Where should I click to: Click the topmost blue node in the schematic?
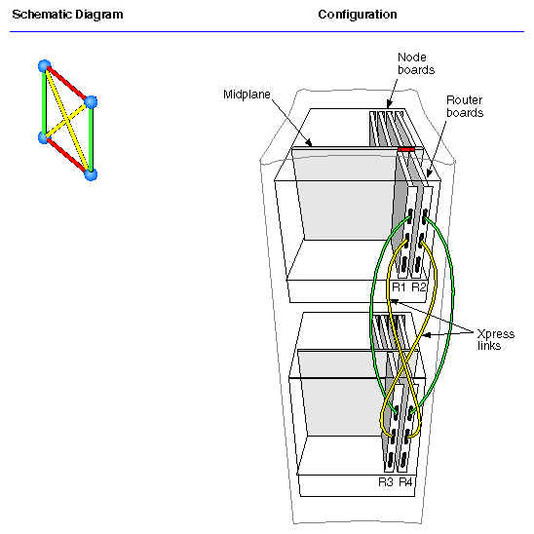pyautogui.click(x=44, y=66)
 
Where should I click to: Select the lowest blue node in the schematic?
pyautogui.click(x=91, y=174)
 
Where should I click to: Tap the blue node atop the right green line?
pyautogui.click(x=91, y=101)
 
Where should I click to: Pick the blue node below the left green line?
pyautogui.click(x=44, y=138)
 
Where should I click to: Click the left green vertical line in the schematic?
pyautogui.click(x=44, y=102)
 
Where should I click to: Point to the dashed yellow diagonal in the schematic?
pyautogui.click(x=66, y=120)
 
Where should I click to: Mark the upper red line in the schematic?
pyautogui.click(x=67, y=84)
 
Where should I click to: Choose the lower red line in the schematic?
pyautogui.click(x=67, y=157)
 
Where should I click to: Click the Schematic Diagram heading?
pyautogui.click(x=67, y=15)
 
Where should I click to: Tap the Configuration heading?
pyautogui.click(x=358, y=15)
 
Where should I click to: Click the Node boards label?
pyautogui.click(x=413, y=63)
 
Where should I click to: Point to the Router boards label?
pyautogui.click(x=466, y=106)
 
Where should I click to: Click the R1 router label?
pyautogui.click(x=399, y=287)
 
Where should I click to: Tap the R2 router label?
pyautogui.click(x=419, y=287)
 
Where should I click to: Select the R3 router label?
pyautogui.click(x=386, y=481)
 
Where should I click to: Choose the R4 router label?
pyautogui.click(x=406, y=481)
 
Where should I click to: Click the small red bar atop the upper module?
pyautogui.click(x=406, y=150)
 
